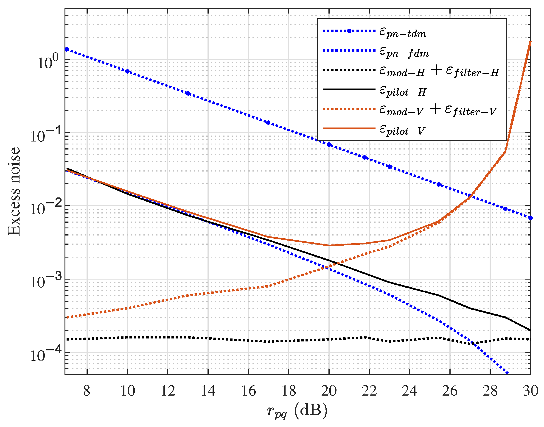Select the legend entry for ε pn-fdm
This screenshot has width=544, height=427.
404,52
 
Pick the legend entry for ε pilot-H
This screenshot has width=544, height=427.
402,91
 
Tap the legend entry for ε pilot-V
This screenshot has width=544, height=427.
402,130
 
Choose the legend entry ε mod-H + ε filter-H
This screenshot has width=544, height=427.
439,72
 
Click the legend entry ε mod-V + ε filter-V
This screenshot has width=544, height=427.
438,111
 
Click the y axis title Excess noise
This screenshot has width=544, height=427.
14,191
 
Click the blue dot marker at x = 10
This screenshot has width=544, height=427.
127,72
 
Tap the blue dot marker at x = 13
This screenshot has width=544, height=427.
188,94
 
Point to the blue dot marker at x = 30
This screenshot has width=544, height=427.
530,218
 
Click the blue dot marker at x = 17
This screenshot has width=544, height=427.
268,122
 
